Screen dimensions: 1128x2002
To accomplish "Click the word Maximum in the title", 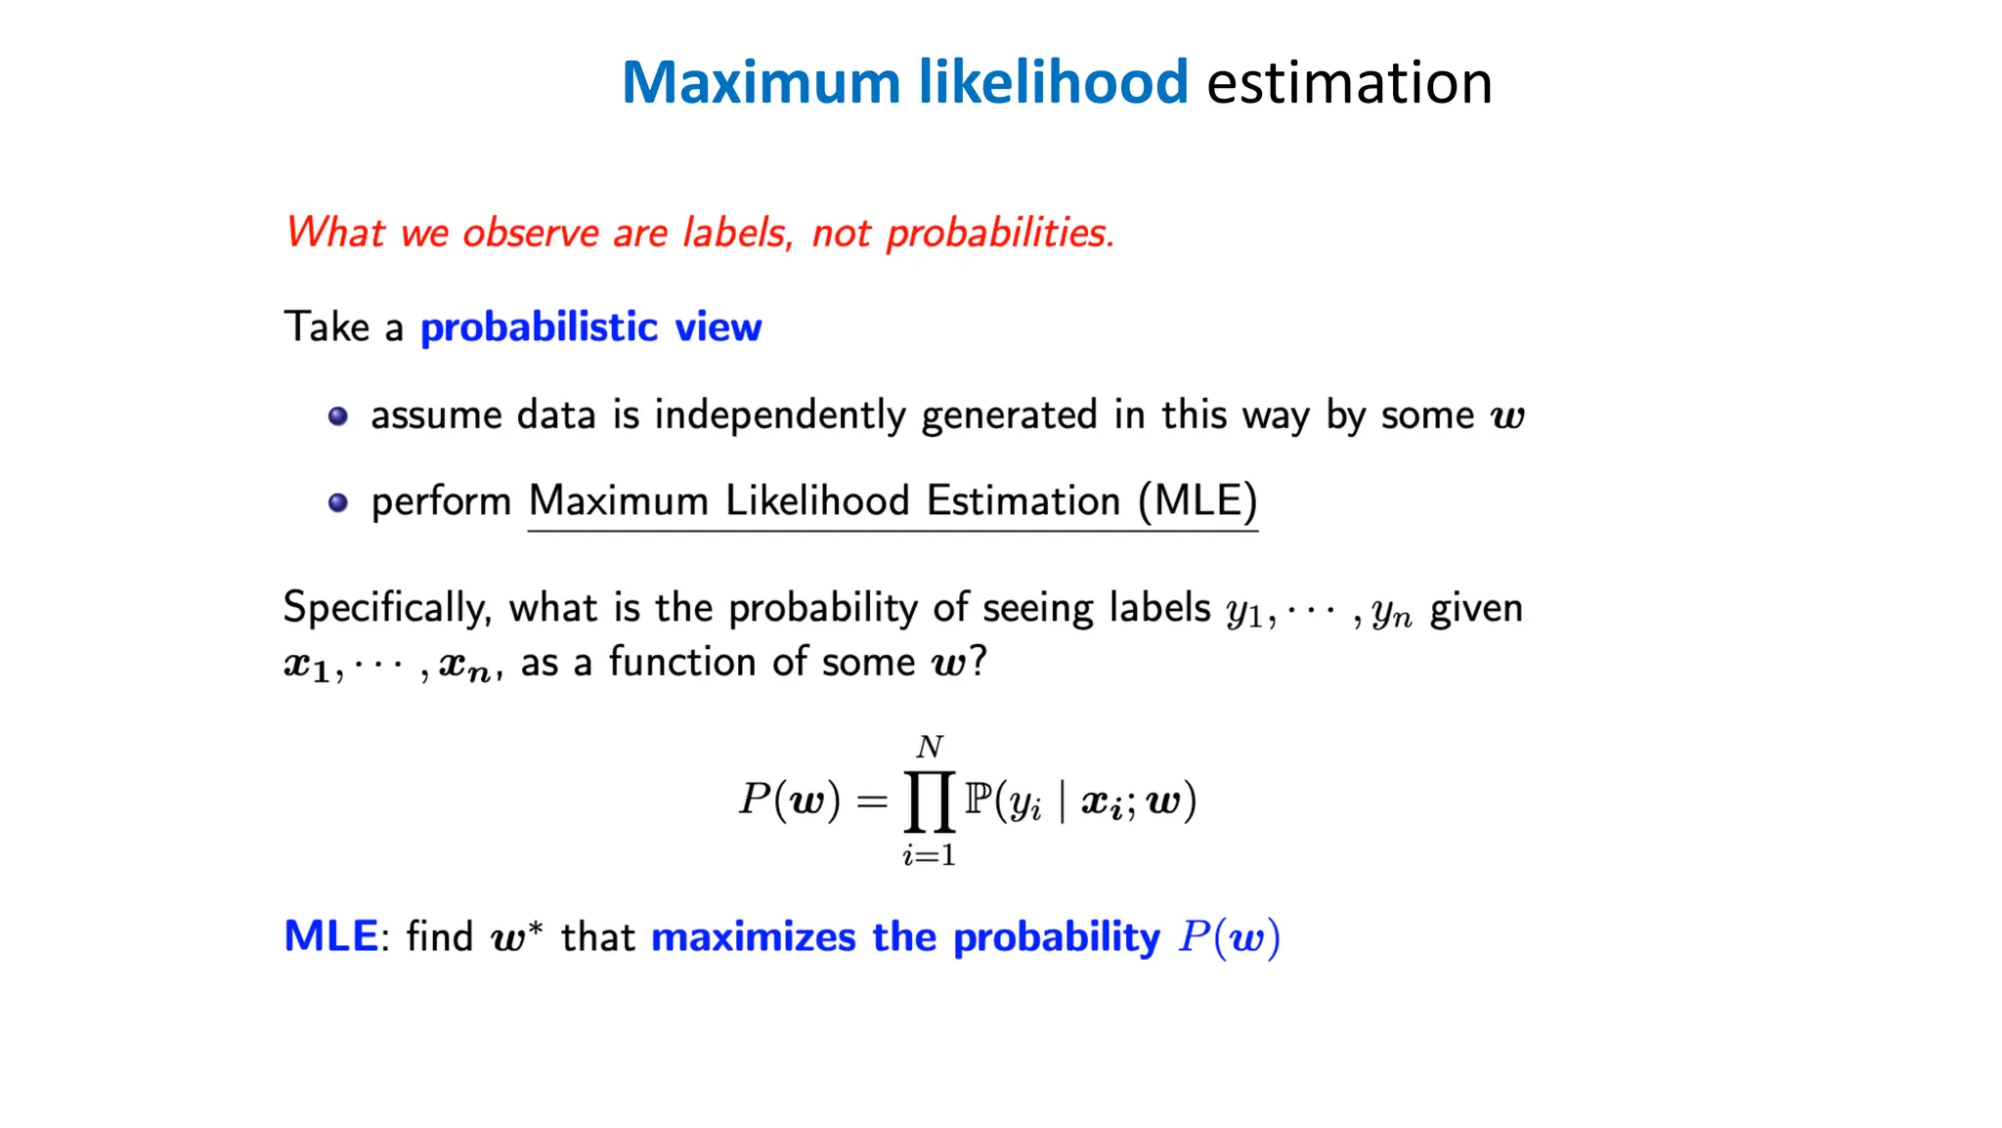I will click(x=761, y=82).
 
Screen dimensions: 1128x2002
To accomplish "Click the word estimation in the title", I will click(x=1349, y=82).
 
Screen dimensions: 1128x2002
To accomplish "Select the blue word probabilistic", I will click(x=539, y=326).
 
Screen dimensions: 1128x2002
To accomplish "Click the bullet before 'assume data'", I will click(x=338, y=416).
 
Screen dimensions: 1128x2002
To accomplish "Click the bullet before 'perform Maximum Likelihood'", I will click(x=338, y=502).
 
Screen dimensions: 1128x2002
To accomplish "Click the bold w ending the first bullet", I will click(x=1506, y=417).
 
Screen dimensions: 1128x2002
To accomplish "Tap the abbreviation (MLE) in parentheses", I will click(x=1197, y=500).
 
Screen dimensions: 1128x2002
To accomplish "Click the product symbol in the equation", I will click(x=929, y=802).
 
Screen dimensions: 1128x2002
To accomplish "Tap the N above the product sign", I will click(x=930, y=748).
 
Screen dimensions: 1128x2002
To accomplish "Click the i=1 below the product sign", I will click(x=929, y=856).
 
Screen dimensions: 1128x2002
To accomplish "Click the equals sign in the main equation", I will click(x=871, y=803).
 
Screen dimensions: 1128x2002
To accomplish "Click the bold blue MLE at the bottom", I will click(x=330, y=936).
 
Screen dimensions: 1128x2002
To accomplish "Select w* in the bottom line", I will click(x=516, y=937).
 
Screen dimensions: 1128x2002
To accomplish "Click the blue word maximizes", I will click(x=754, y=936).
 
